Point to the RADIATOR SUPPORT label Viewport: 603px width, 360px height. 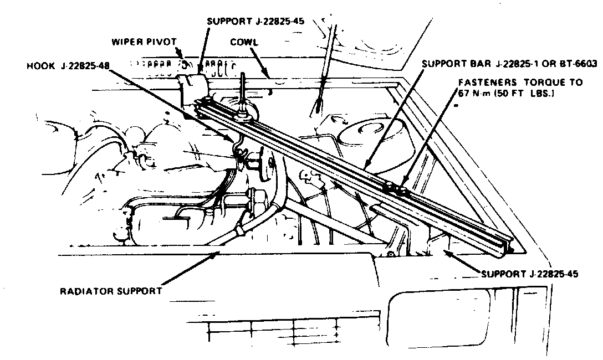click(x=111, y=290)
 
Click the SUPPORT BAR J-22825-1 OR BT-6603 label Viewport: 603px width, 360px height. click(x=509, y=63)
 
